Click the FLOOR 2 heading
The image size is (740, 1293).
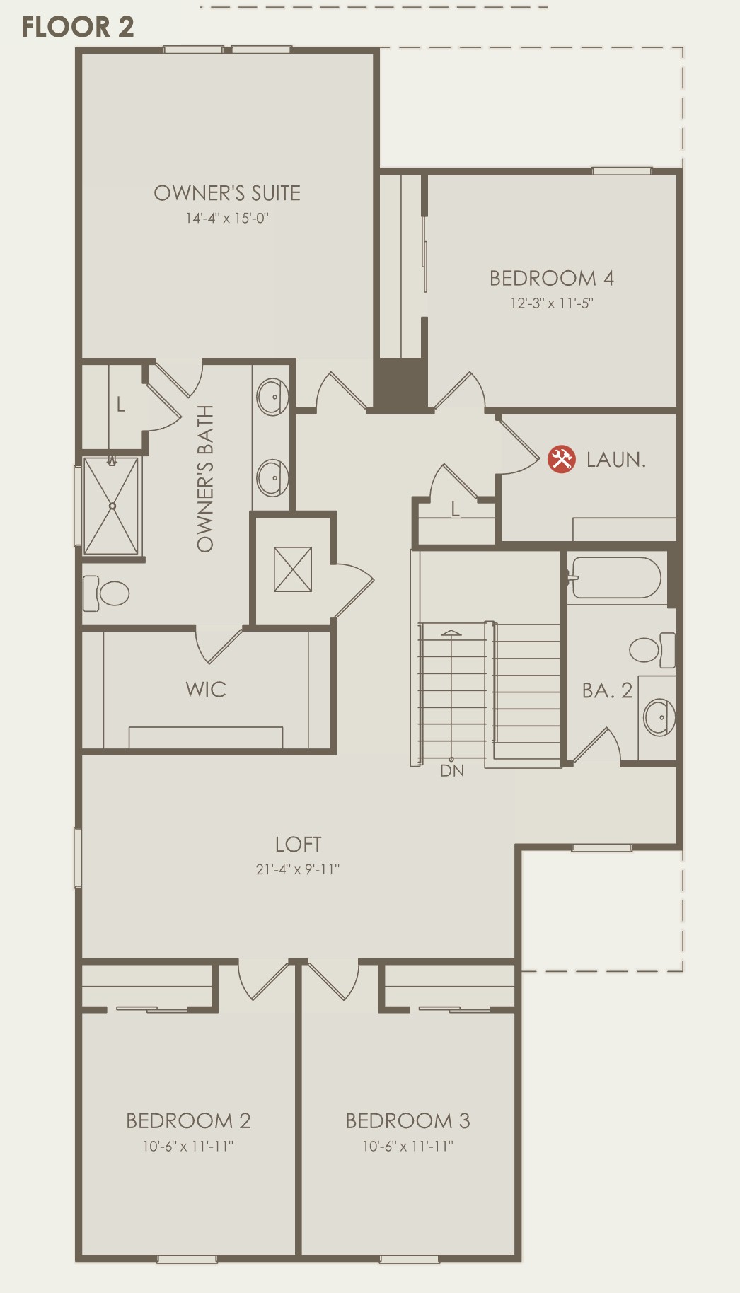[x=77, y=27]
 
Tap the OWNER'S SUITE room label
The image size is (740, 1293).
[x=227, y=193]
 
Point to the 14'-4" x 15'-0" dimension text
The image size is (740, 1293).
[x=227, y=218]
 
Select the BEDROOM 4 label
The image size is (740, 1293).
[x=552, y=278]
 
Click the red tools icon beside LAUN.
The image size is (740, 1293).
[x=562, y=459]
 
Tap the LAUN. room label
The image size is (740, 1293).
[x=616, y=460]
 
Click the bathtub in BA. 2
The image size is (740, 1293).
[x=615, y=578]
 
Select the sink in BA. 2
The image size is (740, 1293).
[x=659, y=717]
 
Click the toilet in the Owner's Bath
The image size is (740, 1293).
[x=106, y=593]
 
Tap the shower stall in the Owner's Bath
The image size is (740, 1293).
[x=112, y=506]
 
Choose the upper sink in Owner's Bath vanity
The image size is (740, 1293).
[x=272, y=398]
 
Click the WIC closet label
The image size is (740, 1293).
[x=206, y=690]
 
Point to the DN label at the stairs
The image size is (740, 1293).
[x=452, y=771]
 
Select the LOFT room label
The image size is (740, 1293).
[x=299, y=844]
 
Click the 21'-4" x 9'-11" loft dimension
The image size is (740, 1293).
[x=298, y=869]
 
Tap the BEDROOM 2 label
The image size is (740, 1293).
[x=188, y=1120]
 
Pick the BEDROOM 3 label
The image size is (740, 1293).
[x=408, y=1120]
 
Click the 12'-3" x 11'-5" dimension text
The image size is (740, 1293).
[x=552, y=303]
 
